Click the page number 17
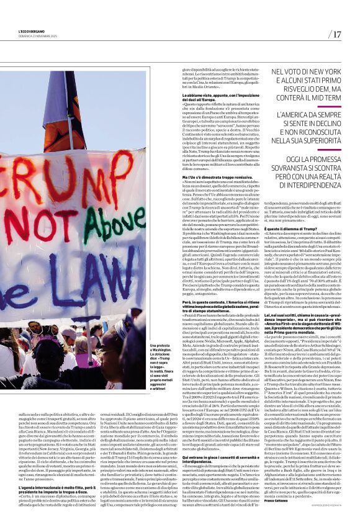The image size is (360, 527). click(336, 34)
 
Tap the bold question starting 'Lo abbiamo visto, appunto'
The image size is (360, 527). click(218, 94)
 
